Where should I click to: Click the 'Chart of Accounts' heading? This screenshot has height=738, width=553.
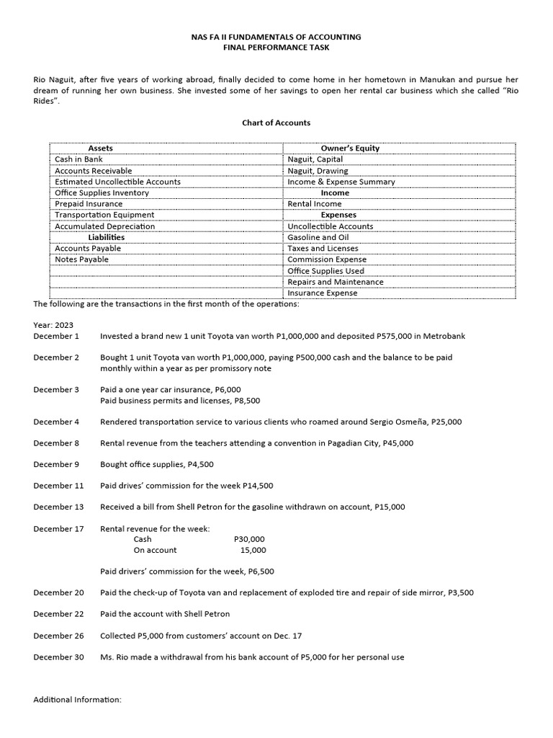(x=276, y=123)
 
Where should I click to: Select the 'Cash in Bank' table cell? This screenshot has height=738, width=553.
(x=78, y=159)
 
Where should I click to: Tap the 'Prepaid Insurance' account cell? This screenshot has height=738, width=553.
(x=89, y=204)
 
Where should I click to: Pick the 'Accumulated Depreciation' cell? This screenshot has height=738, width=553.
(x=104, y=226)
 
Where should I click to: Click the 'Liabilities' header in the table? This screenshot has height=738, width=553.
(x=106, y=237)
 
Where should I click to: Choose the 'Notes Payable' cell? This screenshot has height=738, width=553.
(x=82, y=259)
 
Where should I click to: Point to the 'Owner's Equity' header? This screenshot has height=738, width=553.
(x=349, y=148)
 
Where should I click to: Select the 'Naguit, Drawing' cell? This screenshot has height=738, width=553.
(x=318, y=171)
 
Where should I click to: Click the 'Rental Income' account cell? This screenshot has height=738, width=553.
(x=315, y=204)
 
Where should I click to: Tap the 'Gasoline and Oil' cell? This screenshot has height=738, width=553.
(x=318, y=237)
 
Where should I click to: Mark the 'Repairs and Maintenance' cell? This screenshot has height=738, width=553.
(x=336, y=282)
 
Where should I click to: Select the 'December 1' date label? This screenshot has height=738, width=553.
(x=56, y=336)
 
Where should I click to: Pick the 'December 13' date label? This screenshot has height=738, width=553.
(x=58, y=507)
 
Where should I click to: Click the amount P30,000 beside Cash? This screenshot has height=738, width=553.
(x=249, y=539)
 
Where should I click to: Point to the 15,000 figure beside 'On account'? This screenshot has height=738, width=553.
(x=253, y=550)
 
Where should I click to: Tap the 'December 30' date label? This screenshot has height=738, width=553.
(x=58, y=657)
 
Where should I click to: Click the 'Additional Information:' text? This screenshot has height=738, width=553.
(x=78, y=700)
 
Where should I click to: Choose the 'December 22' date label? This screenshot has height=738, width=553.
(x=58, y=614)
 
